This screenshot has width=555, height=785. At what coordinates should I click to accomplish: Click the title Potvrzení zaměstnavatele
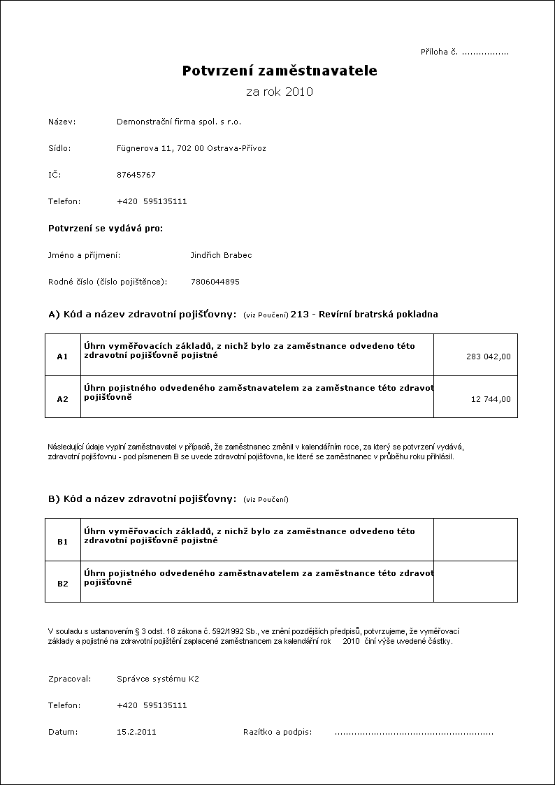pyautogui.click(x=280, y=71)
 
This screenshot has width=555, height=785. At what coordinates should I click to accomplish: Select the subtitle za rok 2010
pyautogui.click(x=280, y=92)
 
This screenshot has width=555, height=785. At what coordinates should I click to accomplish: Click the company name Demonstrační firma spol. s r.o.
pyautogui.click(x=179, y=122)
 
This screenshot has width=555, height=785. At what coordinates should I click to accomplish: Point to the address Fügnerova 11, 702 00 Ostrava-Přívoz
pyautogui.click(x=191, y=148)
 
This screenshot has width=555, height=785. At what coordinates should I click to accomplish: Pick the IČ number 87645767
pyautogui.click(x=136, y=175)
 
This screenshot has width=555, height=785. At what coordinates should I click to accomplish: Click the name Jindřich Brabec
pyautogui.click(x=221, y=255)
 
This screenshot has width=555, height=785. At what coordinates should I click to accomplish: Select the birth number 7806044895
pyautogui.click(x=215, y=282)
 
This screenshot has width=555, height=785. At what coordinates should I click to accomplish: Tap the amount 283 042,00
pyautogui.click(x=488, y=357)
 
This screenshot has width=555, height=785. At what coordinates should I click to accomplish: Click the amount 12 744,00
pyautogui.click(x=491, y=399)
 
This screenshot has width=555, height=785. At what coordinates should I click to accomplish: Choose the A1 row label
pyautogui.click(x=62, y=357)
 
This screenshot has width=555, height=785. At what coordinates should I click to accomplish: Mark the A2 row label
pyautogui.click(x=62, y=399)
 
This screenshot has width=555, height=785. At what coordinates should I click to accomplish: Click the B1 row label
pyautogui.click(x=62, y=541)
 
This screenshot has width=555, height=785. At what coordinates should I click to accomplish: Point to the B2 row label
pyautogui.click(x=62, y=583)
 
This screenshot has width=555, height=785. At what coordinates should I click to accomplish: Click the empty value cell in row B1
pyautogui.click(x=475, y=540)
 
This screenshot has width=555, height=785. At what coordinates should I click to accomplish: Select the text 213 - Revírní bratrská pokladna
pyautogui.click(x=364, y=315)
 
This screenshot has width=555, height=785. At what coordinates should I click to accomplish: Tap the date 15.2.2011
pyautogui.click(x=136, y=732)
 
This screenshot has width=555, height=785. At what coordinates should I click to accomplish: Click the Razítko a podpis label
pyautogui.click(x=277, y=732)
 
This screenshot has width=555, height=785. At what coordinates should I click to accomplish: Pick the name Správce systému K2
pyautogui.click(x=158, y=679)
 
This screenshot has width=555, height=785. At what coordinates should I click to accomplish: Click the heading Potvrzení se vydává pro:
pyautogui.click(x=106, y=229)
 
